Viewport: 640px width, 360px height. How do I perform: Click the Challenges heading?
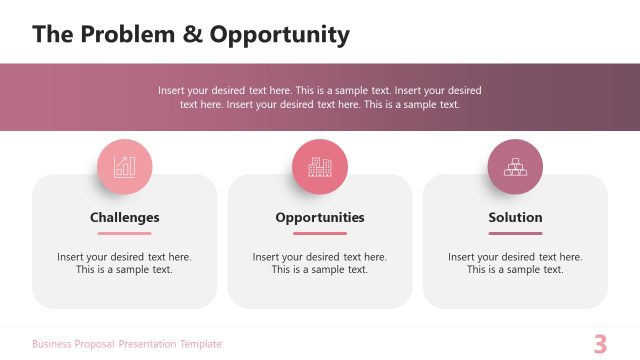[125, 217]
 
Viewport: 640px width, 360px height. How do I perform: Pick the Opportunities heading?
[320, 217]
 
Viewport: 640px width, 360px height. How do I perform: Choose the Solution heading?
[515, 217]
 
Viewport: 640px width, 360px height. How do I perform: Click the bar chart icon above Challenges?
[125, 167]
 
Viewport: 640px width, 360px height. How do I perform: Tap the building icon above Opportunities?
[320, 167]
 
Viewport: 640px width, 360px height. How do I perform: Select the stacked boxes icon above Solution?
[515, 167]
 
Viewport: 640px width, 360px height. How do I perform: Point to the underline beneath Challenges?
[125, 233]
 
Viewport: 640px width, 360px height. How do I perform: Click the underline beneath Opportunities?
[320, 233]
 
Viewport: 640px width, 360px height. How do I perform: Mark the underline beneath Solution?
[515, 233]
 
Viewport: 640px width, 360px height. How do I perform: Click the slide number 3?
[600, 344]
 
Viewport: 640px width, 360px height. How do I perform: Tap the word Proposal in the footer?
[99, 344]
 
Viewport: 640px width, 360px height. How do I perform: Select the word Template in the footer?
[201, 344]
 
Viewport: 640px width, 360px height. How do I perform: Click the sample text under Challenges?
[125, 263]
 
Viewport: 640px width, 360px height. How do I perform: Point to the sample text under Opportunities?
[320, 263]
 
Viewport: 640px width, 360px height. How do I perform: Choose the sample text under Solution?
[515, 263]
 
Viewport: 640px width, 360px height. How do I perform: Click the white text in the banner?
[320, 97]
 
